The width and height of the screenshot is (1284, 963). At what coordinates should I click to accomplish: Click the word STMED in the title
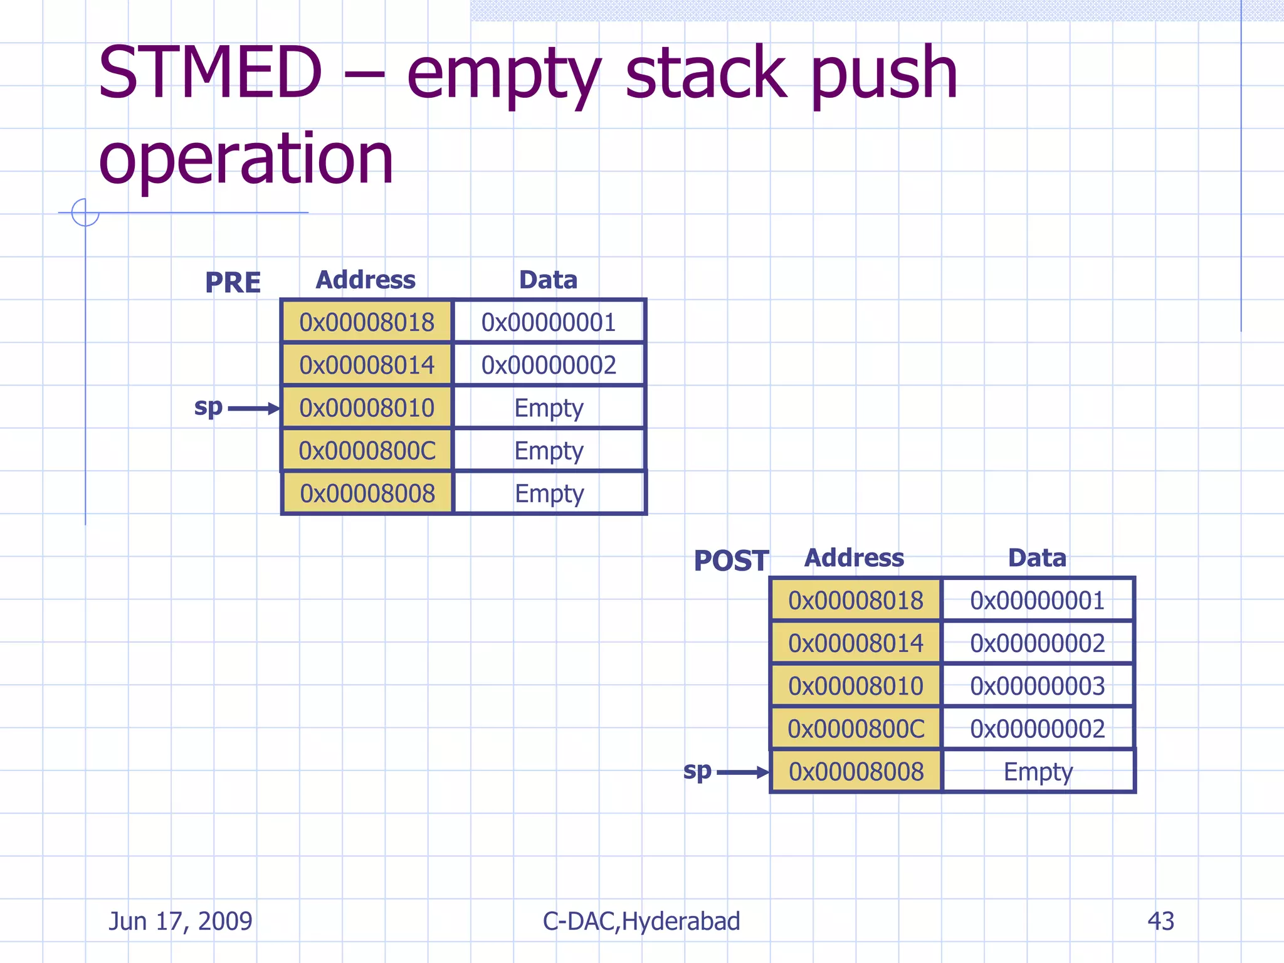point(210,73)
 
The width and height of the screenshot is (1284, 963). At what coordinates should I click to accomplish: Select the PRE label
point(233,283)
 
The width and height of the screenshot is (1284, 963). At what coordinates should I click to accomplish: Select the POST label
point(731,560)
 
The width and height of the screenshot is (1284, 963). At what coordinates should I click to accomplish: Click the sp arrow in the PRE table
point(253,409)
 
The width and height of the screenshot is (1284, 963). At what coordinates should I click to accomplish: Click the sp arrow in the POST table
point(742,772)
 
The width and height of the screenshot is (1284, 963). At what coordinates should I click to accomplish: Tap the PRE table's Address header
point(366,280)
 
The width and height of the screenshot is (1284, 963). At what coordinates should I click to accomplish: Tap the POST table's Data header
point(1037,558)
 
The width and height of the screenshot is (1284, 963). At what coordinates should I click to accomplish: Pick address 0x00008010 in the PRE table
point(367,408)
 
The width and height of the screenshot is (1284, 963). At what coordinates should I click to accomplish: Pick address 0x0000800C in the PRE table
point(367,451)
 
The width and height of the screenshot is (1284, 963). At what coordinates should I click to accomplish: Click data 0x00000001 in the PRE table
point(549,322)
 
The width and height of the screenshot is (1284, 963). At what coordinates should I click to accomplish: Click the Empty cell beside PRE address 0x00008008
point(549,493)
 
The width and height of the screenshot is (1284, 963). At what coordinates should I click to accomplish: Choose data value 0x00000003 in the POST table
point(1038,686)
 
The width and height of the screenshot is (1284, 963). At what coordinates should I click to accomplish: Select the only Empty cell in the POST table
point(1038,772)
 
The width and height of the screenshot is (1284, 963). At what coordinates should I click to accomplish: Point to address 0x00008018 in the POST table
point(856,601)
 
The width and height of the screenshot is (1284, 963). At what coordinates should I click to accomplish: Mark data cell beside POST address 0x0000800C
point(1038,729)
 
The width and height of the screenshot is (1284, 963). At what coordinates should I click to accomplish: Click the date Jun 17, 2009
point(181,921)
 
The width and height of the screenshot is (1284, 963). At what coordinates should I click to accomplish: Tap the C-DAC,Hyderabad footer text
point(641,921)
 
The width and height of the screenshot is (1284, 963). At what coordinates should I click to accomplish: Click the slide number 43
point(1160,921)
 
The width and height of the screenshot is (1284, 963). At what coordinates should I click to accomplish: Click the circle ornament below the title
point(85,213)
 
